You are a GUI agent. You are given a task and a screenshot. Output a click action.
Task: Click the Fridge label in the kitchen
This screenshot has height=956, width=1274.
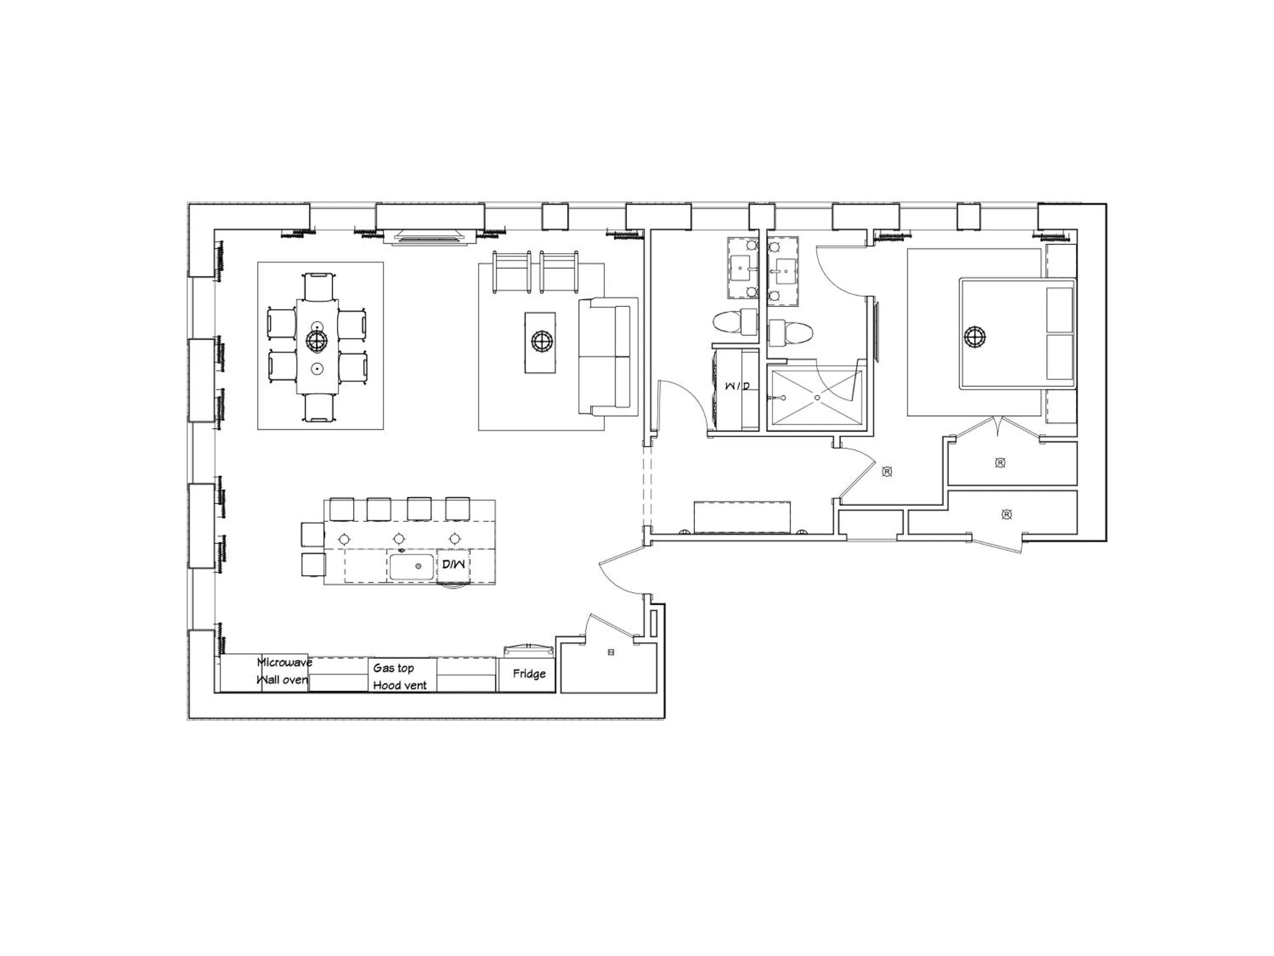click(x=529, y=673)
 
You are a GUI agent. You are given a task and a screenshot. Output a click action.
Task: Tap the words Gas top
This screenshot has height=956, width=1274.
click(x=393, y=668)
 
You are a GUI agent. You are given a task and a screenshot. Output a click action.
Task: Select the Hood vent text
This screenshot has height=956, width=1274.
click(x=400, y=685)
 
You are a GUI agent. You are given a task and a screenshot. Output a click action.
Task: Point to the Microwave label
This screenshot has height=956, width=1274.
click(x=285, y=662)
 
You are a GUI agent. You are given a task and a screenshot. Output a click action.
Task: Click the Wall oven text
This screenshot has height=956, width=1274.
click(x=282, y=680)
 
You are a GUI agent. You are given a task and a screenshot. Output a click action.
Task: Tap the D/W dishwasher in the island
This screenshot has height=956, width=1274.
click(x=454, y=565)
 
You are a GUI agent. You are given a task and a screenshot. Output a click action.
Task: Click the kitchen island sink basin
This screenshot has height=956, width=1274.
click(x=411, y=567)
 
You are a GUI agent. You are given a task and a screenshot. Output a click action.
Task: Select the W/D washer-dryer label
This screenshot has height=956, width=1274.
click(x=738, y=385)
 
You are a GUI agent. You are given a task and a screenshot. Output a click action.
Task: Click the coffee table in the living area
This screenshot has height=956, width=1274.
click(x=540, y=342)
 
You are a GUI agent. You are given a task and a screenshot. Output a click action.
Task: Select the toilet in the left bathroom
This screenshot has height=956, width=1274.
click(x=727, y=322)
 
